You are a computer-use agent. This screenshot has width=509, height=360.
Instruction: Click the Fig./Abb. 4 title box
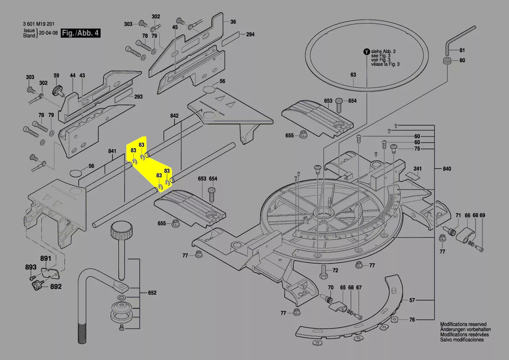click(x=81, y=33)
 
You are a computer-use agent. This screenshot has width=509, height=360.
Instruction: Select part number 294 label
click(x=250, y=34)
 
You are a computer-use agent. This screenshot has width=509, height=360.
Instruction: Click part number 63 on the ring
click(x=353, y=75)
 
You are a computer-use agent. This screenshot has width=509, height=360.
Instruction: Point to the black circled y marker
click(x=366, y=51)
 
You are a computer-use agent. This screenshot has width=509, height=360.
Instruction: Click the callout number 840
click(x=447, y=169)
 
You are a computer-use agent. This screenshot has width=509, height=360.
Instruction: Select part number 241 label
click(x=418, y=169)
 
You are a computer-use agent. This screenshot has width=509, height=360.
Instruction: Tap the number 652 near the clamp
click(x=152, y=293)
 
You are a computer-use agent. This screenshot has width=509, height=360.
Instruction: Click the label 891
click(x=46, y=259)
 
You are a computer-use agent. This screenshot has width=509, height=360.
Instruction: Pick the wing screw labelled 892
click(x=36, y=286)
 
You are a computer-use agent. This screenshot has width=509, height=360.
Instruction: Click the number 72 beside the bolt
click(x=335, y=271)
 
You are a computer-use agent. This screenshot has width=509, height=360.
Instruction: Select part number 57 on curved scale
click(x=412, y=300)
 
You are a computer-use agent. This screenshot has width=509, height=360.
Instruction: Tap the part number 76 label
click(x=412, y=320)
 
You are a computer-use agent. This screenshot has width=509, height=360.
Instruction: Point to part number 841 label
click(x=112, y=152)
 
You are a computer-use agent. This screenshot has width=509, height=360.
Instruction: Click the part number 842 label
click(x=175, y=116)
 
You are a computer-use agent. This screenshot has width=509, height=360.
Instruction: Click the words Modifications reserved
click(x=463, y=325)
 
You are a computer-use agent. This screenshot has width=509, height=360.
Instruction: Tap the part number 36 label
click(x=233, y=22)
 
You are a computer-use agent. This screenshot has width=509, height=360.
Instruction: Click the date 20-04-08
click(x=48, y=33)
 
